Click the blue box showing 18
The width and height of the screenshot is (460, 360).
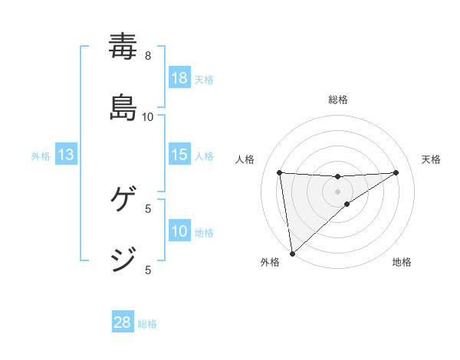coord(179,78)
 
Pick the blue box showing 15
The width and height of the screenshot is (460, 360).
coord(179,155)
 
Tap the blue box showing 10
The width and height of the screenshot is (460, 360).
coord(179,231)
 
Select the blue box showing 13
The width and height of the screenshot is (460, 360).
coord(66,155)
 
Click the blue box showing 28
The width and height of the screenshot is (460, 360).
coord(123,322)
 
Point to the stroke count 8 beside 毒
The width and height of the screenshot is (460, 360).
coord(148,55)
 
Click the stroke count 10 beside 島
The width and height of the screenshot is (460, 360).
coord(148,116)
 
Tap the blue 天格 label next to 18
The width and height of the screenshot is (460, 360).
coord(204,79)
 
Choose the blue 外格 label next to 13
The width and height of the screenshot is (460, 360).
coord(41,155)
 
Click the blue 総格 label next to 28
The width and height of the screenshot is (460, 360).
coord(147,323)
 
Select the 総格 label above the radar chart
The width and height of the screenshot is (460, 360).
coord(338,100)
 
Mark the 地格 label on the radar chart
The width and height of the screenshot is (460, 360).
coord(402,262)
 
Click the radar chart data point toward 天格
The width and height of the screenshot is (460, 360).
coord(396,172)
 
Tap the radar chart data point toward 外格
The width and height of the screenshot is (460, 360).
coord(291,253)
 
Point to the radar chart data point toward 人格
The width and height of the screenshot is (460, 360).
coord(280,172)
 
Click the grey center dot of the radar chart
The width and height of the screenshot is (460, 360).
coord(338,191)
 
